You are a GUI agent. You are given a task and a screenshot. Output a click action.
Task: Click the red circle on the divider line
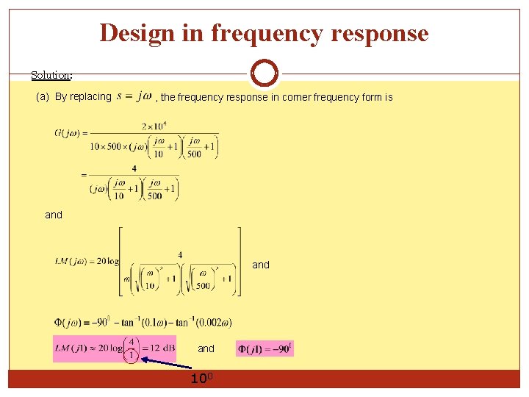click(x=264, y=74)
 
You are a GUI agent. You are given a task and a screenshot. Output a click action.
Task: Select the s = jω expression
click(x=134, y=96)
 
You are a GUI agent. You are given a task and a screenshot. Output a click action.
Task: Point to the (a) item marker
click(x=43, y=96)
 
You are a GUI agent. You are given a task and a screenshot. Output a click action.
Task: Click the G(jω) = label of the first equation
click(x=71, y=133)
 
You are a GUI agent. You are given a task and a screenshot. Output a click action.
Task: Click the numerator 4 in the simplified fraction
click(x=134, y=168)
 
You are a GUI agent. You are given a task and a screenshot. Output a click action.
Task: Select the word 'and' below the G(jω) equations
click(x=54, y=215)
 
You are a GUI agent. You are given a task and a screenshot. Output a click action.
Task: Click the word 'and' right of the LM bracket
click(x=261, y=265)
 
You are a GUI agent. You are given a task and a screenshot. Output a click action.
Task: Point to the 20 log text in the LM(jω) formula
click(x=107, y=262)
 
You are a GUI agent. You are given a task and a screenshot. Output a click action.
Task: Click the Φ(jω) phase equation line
click(x=143, y=321)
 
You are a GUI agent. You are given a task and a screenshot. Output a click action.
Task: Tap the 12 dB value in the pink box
click(x=158, y=348)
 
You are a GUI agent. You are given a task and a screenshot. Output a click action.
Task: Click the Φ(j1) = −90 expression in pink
click(x=264, y=348)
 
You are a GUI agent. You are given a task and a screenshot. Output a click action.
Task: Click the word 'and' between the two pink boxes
click(x=206, y=348)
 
